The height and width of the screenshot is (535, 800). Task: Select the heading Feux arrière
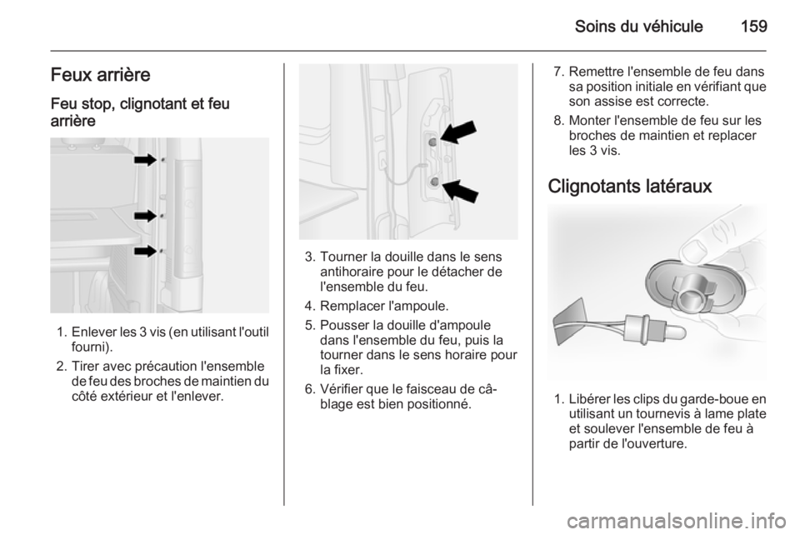point(101,75)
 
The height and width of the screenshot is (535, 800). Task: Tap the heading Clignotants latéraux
point(630,186)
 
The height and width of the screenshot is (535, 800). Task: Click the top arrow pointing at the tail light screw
point(145,160)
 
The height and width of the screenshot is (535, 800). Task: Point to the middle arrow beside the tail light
point(145,216)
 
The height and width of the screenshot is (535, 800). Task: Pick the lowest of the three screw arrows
point(145,251)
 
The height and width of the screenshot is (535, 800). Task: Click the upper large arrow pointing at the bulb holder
point(458,132)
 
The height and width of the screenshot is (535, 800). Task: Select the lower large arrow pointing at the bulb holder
point(460,191)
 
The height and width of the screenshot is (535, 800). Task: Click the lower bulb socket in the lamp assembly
point(434,181)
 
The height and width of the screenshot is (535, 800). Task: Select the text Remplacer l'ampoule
point(384,306)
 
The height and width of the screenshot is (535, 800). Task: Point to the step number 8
point(558,121)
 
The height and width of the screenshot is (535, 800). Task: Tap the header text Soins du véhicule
point(639,26)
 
